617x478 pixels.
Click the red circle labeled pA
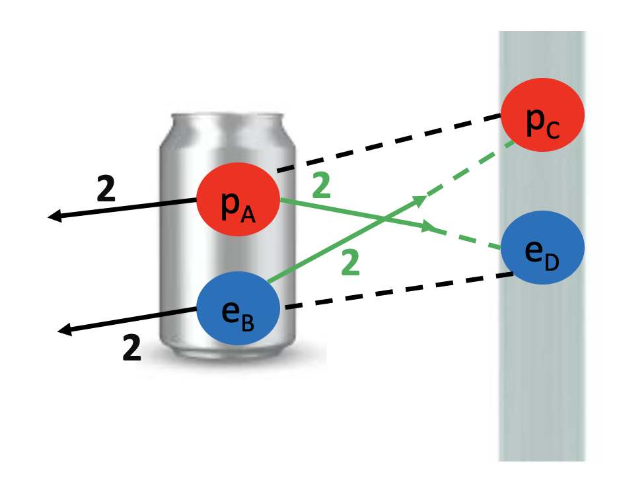[238, 199]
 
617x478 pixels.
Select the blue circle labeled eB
[238, 308]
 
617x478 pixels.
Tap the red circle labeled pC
[542, 115]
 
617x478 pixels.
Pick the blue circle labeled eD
[542, 248]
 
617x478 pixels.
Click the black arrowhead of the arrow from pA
[54, 216]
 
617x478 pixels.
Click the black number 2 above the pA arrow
[106, 188]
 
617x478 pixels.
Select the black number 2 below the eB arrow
[131, 347]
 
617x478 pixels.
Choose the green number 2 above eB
[350, 262]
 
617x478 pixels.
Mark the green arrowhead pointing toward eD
[428, 226]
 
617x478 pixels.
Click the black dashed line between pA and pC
[389, 143]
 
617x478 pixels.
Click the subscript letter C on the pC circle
[553, 130]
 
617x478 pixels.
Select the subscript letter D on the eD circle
[552, 262]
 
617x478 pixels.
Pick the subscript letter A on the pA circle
[248, 215]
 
